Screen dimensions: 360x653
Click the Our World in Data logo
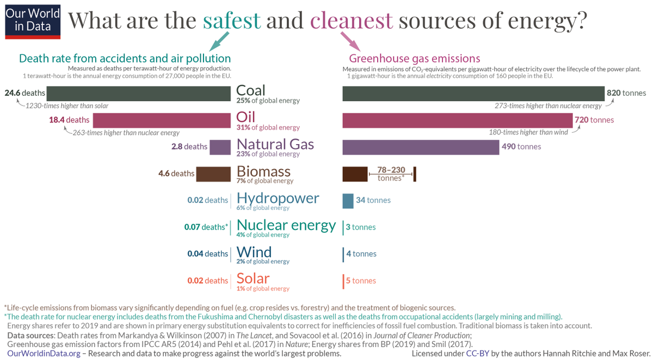click(x=33, y=20)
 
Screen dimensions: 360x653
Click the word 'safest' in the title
click(x=232, y=20)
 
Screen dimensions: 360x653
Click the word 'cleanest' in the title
click(x=351, y=20)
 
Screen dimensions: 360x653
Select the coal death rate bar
click(x=138, y=94)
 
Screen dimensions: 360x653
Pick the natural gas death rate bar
click(x=220, y=147)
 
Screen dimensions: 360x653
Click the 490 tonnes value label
click(x=522, y=147)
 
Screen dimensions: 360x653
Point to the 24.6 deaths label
click(x=24, y=93)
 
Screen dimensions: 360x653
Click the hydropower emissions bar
click(x=348, y=200)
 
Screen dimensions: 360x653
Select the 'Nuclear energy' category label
click(x=286, y=225)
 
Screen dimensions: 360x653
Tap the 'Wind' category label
click(x=254, y=252)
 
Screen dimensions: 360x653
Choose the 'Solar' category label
click(x=253, y=278)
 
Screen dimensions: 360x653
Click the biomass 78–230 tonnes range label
click(x=391, y=173)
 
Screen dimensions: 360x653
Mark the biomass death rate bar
click(x=213, y=174)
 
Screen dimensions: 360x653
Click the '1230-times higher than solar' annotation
click(x=60, y=106)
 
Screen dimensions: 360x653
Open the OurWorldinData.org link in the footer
click(x=44, y=353)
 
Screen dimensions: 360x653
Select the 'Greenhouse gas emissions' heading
click(x=414, y=59)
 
